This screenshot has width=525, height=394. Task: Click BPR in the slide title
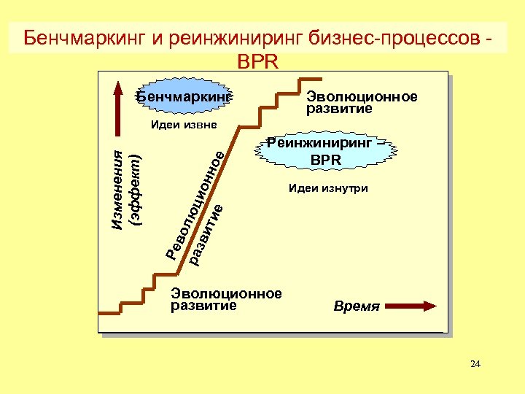(258, 61)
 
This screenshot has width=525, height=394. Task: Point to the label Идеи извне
(184, 125)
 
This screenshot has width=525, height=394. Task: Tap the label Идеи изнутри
(328, 188)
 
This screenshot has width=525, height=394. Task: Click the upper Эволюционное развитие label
(362, 103)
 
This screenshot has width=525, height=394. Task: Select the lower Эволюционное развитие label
(226, 299)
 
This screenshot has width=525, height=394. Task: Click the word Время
(357, 306)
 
